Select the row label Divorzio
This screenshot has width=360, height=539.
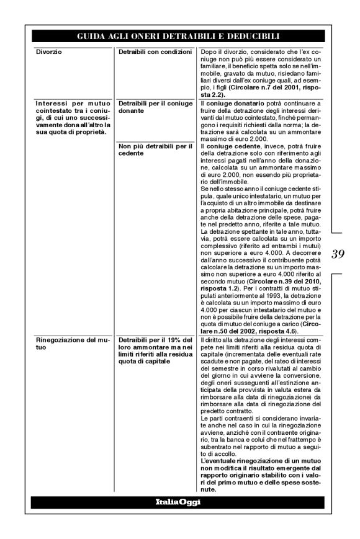47,50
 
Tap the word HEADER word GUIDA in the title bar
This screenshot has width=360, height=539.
91,37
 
